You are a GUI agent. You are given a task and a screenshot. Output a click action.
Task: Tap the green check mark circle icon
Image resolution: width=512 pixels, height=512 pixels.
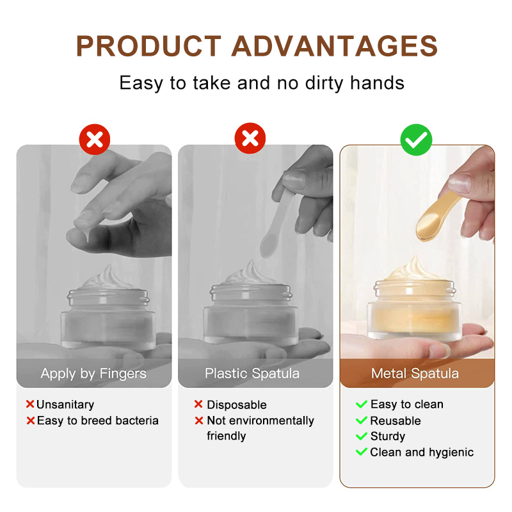417,138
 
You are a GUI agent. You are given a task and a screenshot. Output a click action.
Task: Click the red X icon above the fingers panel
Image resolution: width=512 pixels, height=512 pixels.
94,138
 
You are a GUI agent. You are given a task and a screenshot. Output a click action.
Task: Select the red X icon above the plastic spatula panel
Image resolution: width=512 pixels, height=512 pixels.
250,138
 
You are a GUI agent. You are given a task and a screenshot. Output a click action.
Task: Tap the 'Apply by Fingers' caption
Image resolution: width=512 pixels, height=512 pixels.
93,374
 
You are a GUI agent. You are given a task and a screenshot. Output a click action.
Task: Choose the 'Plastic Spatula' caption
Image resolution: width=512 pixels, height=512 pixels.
252,374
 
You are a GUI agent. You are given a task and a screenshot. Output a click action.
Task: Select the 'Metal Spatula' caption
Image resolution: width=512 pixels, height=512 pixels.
415,374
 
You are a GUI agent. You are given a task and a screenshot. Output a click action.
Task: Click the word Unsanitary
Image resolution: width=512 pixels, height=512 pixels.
65,404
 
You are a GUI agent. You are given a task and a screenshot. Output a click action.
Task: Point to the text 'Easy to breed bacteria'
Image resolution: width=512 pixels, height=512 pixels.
97,420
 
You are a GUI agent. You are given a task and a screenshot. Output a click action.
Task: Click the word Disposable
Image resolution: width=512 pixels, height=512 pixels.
236,404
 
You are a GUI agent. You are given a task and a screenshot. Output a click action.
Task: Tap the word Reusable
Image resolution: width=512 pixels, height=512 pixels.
396,420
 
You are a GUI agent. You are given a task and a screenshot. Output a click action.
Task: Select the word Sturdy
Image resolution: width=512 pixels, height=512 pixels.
388,436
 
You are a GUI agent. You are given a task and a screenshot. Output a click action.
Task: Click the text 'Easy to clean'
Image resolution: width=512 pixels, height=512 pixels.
406,404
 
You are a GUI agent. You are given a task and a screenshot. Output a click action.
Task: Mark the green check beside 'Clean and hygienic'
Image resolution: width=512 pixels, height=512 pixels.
362,452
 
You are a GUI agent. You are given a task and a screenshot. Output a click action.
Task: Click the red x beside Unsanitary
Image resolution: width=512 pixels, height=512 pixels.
29,404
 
